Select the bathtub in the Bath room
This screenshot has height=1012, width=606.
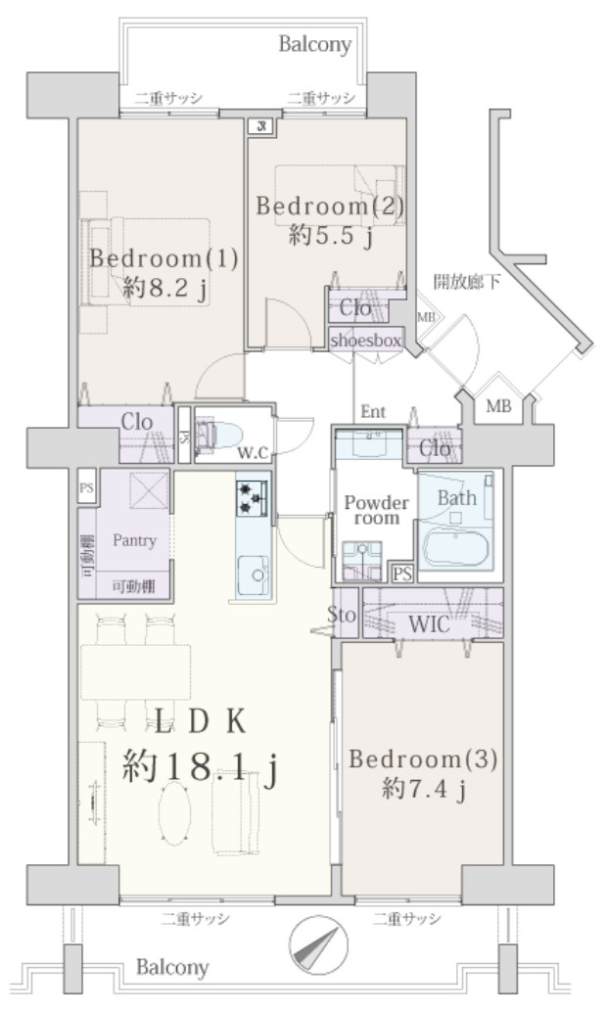(x=454, y=548)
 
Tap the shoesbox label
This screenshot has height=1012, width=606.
(x=365, y=341)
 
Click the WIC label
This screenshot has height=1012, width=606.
(x=431, y=623)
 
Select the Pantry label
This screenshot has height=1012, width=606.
(x=135, y=540)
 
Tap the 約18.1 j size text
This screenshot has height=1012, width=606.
(x=200, y=765)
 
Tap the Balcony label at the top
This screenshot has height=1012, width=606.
(x=315, y=44)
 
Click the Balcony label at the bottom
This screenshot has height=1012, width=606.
(x=172, y=969)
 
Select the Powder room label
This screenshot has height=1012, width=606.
(x=376, y=509)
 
